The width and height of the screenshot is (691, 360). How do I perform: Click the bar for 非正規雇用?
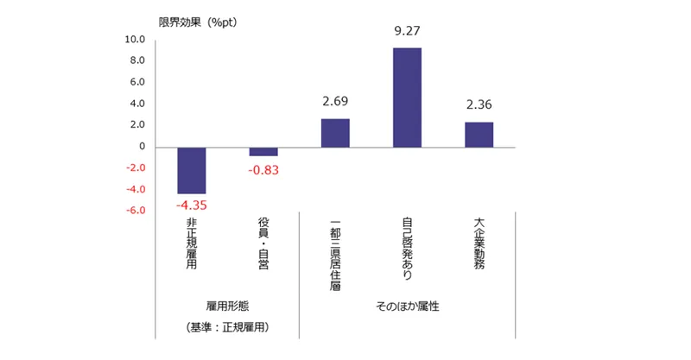pyautogui.click(x=191, y=171)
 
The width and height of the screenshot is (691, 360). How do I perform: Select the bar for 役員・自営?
pyautogui.click(x=263, y=152)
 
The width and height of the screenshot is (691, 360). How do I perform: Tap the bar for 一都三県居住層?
pyautogui.click(x=335, y=133)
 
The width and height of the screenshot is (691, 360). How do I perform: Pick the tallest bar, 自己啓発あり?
pyautogui.click(x=407, y=98)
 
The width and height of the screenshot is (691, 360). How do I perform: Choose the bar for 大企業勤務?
pyautogui.click(x=479, y=135)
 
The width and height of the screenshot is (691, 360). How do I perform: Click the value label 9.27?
pyautogui.click(x=407, y=31)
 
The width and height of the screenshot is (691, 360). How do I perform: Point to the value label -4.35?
pyautogui.click(x=191, y=205)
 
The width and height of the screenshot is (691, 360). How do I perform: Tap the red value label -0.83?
pyautogui.click(x=263, y=170)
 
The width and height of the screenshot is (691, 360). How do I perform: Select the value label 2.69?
pyautogui.click(x=335, y=101)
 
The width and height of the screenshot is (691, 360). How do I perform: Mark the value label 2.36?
pyautogui.click(x=479, y=104)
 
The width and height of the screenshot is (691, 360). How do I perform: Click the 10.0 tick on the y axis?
pyautogui.click(x=135, y=40)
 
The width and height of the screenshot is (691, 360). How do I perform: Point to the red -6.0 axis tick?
pyautogui.click(x=136, y=210)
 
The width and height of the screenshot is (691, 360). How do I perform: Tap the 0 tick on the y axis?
pyautogui.click(x=142, y=146)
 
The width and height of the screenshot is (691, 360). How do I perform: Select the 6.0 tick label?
pyautogui.click(x=137, y=82)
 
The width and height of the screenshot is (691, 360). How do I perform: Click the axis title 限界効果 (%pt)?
pyautogui.click(x=198, y=22)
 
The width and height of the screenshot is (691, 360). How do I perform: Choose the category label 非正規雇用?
pyautogui.click(x=191, y=243)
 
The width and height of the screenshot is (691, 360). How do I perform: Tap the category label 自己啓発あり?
pyautogui.click(x=407, y=249)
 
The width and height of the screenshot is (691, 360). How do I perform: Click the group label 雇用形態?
pyautogui.click(x=227, y=306)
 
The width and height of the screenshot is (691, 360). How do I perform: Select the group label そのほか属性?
pyautogui.click(x=408, y=306)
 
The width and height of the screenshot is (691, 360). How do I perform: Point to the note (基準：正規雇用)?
pyautogui.click(x=227, y=327)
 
